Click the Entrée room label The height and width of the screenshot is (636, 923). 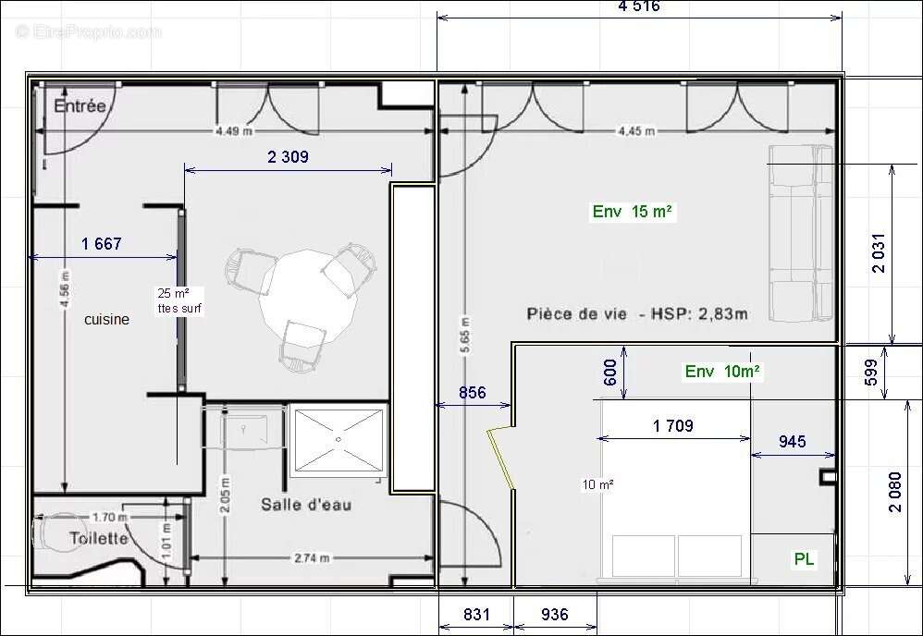click(80, 106)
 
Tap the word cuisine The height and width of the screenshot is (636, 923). click(107, 320)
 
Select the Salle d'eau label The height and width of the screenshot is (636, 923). click(305, 505)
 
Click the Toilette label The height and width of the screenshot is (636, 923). click(99, 538)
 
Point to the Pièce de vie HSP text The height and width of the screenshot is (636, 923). click(637, 313)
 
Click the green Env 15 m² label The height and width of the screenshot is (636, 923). click(633, 212)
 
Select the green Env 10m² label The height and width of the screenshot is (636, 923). click(722, 372)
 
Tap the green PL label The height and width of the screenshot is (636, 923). click(805, 559)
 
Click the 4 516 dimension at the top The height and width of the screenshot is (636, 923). click(638, 6)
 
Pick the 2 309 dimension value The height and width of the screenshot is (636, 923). click(288, 157)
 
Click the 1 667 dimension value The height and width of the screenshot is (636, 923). click(102, 244)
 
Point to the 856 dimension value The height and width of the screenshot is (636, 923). click(472, 392)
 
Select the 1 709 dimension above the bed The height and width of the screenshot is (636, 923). click(672, 426)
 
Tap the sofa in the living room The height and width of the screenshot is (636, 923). click(801, 232)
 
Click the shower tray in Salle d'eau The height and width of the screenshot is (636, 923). click(337, 441)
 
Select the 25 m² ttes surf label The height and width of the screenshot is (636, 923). click(178, 300)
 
